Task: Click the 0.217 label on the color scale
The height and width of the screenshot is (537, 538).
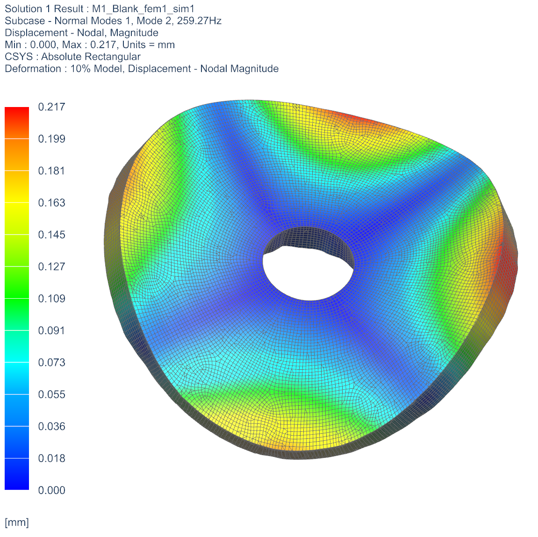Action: tap(51, 107)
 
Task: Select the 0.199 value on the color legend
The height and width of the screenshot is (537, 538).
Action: tap(51, 139)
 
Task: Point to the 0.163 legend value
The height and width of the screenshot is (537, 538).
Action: tap(51, 203)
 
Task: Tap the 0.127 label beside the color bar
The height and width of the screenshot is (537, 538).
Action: tap(51, 266)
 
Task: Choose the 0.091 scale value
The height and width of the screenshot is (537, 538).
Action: tap(51, 330)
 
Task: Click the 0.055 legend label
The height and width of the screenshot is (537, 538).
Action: tap(51, 394)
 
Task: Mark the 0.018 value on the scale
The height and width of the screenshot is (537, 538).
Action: tap(51, 458)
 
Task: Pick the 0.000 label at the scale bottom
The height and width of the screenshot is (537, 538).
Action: tap(51, 490)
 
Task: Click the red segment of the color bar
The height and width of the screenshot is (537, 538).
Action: tap(17, 122)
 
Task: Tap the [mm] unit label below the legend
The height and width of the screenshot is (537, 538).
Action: tap(17, 523)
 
